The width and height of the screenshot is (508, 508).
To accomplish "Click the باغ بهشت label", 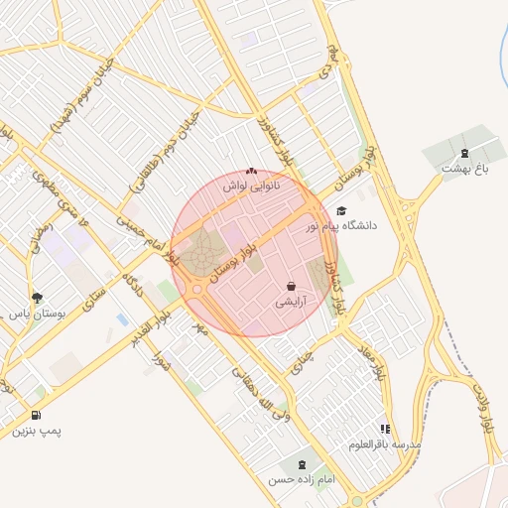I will (x=466, y=169).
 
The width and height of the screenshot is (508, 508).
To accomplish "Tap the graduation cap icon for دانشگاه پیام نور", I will (x=342, y=211).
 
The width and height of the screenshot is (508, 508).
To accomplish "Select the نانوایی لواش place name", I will (x=250, y=186).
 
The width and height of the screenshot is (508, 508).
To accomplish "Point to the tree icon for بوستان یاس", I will (x=38, y=297).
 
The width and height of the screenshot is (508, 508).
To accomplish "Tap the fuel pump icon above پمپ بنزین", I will (x=37, y=416).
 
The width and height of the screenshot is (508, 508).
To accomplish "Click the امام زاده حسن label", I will (x=302, y=479).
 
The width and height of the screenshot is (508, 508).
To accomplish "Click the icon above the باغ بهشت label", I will (x=465, y=152).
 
